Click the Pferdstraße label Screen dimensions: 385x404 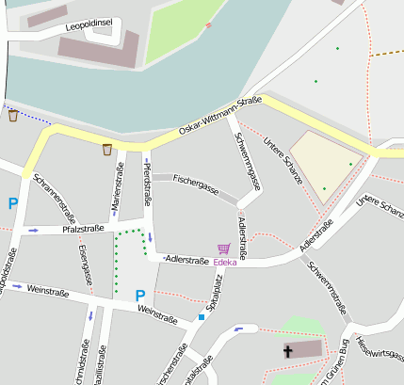[x=147, y=186]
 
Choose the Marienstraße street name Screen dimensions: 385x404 [x=118, y=187]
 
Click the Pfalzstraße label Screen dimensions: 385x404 [x=83, y=228]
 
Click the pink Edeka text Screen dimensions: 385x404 [x=225, y=262]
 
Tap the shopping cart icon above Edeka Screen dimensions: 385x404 [x=223, y=249]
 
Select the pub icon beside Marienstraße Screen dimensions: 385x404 [x=107, y=149]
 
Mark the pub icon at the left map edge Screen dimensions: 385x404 [x=13, y=116]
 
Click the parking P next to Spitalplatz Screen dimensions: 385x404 [x=140, y=295]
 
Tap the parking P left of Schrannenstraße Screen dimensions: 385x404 [x=13, y=203]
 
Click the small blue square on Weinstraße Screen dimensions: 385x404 [x=201, y=317]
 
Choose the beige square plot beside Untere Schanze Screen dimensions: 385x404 [x=325, y=162]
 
